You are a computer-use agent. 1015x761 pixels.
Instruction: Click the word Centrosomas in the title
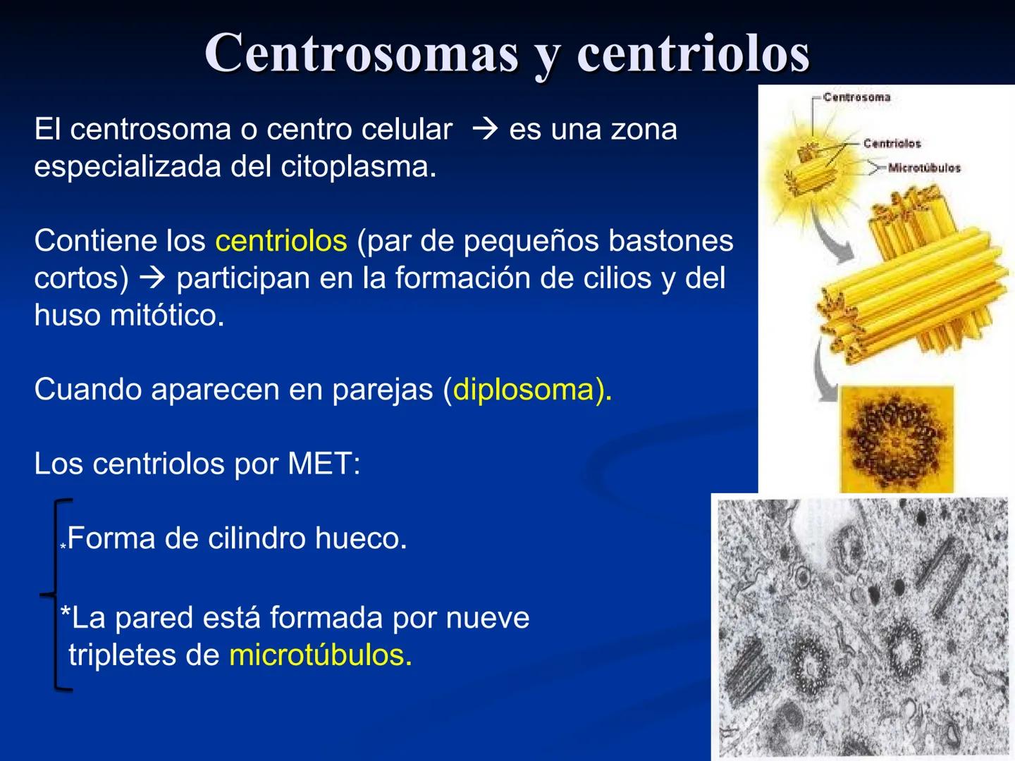coord(362,53)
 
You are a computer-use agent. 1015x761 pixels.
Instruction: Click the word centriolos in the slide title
coord(694,53)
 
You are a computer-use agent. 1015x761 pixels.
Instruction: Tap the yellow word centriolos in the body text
coord(281,241)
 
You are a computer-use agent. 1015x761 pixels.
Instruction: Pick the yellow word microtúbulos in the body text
coord(320,655)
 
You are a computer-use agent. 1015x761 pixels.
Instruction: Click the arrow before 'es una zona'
coord(485,130)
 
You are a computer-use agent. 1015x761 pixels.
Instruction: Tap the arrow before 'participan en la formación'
coord(152,278)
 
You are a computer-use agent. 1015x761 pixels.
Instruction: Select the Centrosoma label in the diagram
coord(856,97)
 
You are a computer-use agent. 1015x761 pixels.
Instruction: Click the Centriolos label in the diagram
coord(892,143)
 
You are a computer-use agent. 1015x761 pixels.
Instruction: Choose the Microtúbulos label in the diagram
coord(924,168)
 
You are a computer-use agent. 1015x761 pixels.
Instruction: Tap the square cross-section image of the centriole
coord(896,438)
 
